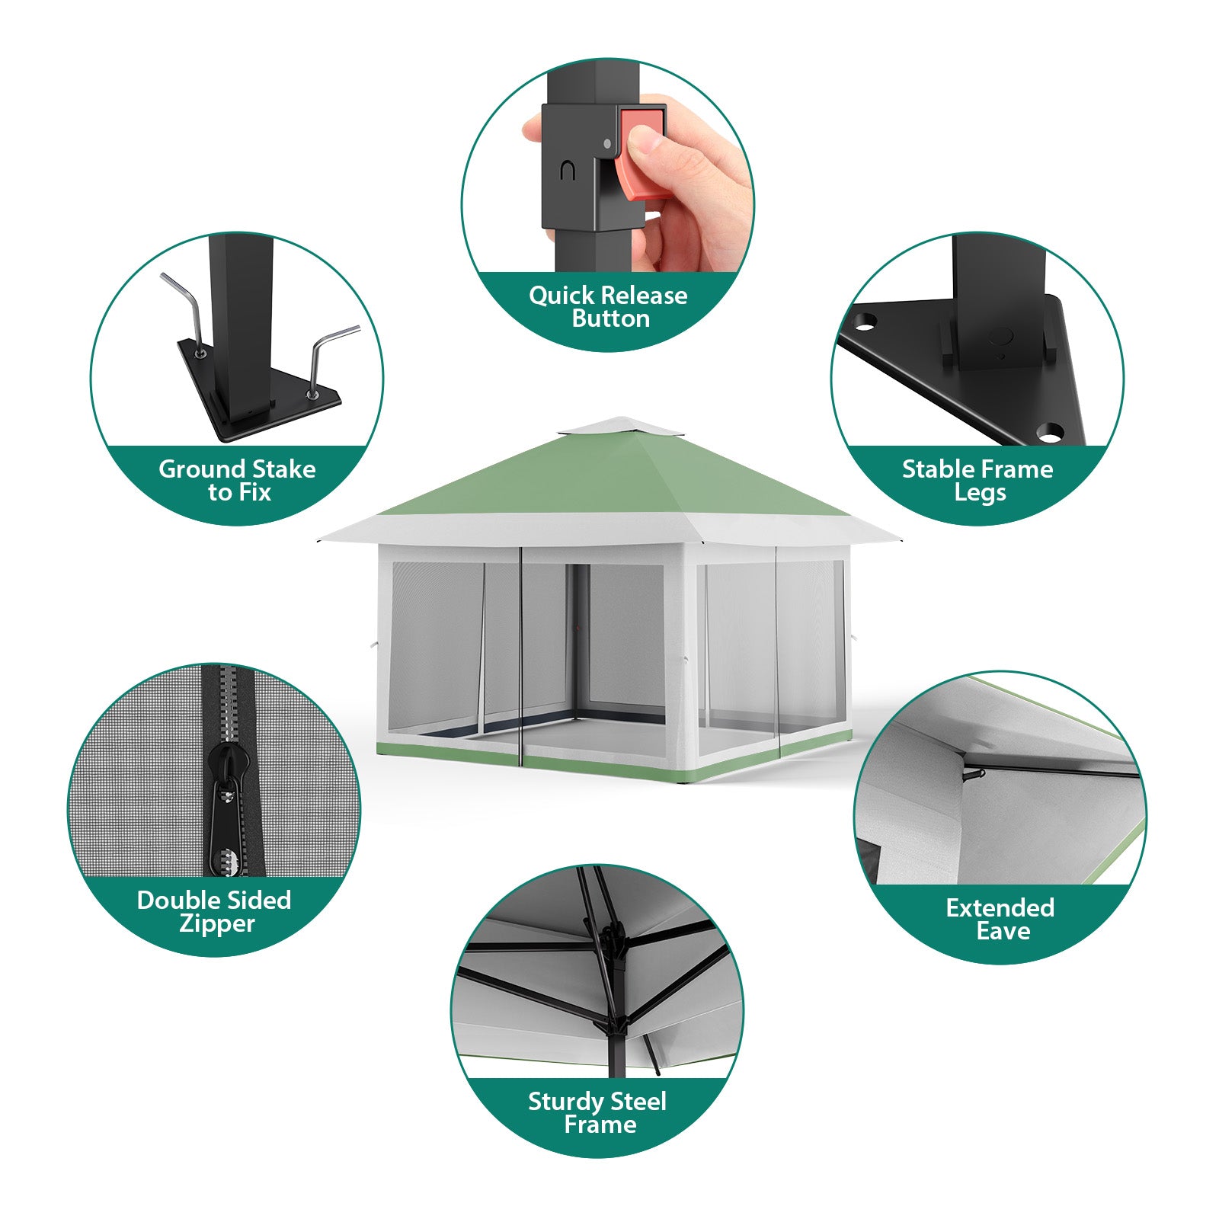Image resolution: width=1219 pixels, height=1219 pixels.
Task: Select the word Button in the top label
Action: pyautogui.click(x=611, y=318)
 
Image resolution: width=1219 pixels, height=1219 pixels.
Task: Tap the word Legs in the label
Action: pyautogui.click(x=980, y=493)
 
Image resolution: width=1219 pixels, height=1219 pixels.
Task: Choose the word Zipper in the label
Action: pyautogui.click(x=217, y=924)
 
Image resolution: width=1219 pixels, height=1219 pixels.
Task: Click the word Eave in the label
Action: pyautogui.click(x=1003, y=931)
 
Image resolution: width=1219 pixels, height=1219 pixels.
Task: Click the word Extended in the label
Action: pyautogui.click(x=1000, y=907)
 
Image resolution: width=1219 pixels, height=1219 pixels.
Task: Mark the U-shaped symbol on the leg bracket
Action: pyautogui.click(x=567, y=171)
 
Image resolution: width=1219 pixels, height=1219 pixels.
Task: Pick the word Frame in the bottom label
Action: pyautogui.click(x=600, y=1125)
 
